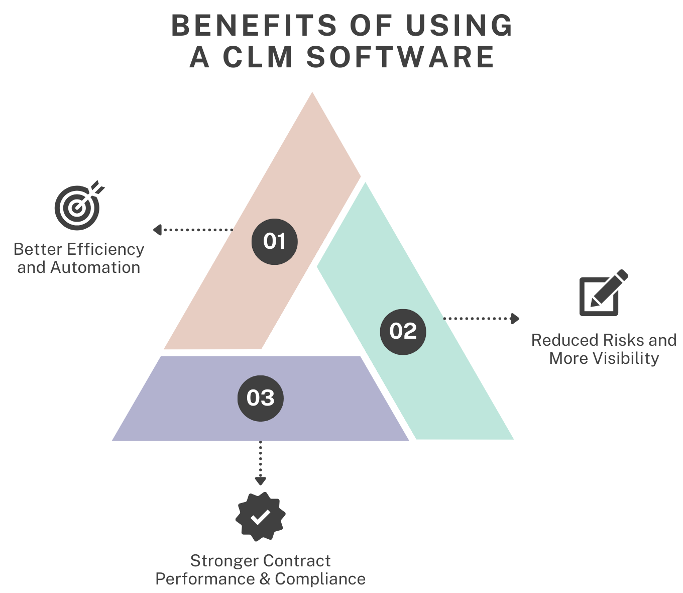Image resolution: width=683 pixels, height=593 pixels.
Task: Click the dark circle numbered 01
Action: pos(274,242)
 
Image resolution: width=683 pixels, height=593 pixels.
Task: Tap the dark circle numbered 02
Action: pos(403,331)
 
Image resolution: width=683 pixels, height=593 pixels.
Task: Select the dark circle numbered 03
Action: pos(261,398)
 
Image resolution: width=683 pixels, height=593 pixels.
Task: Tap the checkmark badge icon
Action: pos(261,517)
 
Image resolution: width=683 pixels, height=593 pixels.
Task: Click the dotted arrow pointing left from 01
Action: pos(193,230)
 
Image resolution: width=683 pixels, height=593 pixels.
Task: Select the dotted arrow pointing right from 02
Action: pos(481,318)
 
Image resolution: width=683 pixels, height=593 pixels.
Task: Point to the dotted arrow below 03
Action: pos(260,463)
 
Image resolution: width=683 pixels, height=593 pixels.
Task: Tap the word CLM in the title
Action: pos(258,57)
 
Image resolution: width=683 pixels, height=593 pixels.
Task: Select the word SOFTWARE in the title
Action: pos(401,57)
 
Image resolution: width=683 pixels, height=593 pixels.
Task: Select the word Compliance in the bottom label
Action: pos(320,579)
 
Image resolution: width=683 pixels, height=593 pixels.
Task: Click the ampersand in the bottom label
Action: pos(265,579)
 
